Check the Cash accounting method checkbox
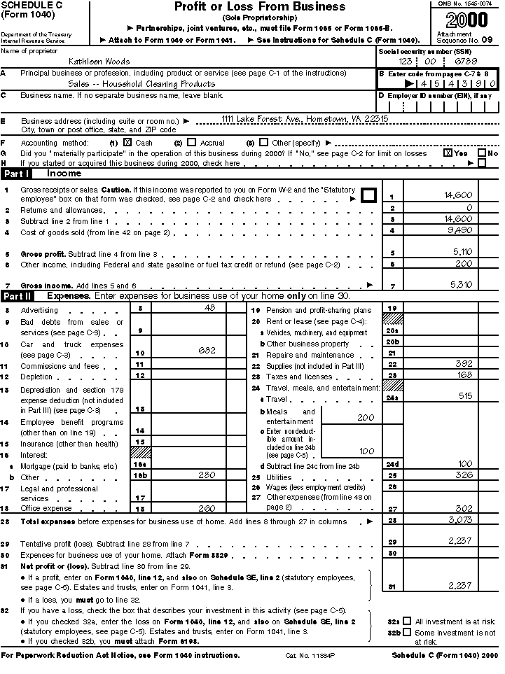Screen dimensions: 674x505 127,142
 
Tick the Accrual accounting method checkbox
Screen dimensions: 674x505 192,142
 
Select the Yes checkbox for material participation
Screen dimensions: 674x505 448,153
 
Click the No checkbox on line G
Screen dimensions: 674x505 481,153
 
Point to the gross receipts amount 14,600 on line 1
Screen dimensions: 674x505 458,195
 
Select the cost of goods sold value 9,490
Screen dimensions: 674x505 459,230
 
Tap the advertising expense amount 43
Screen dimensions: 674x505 209,308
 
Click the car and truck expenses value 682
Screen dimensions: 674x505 207,350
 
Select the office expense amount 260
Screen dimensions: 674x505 207,508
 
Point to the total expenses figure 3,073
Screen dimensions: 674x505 459,521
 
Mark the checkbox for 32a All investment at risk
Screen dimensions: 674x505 407,621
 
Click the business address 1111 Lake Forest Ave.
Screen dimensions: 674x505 305,119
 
